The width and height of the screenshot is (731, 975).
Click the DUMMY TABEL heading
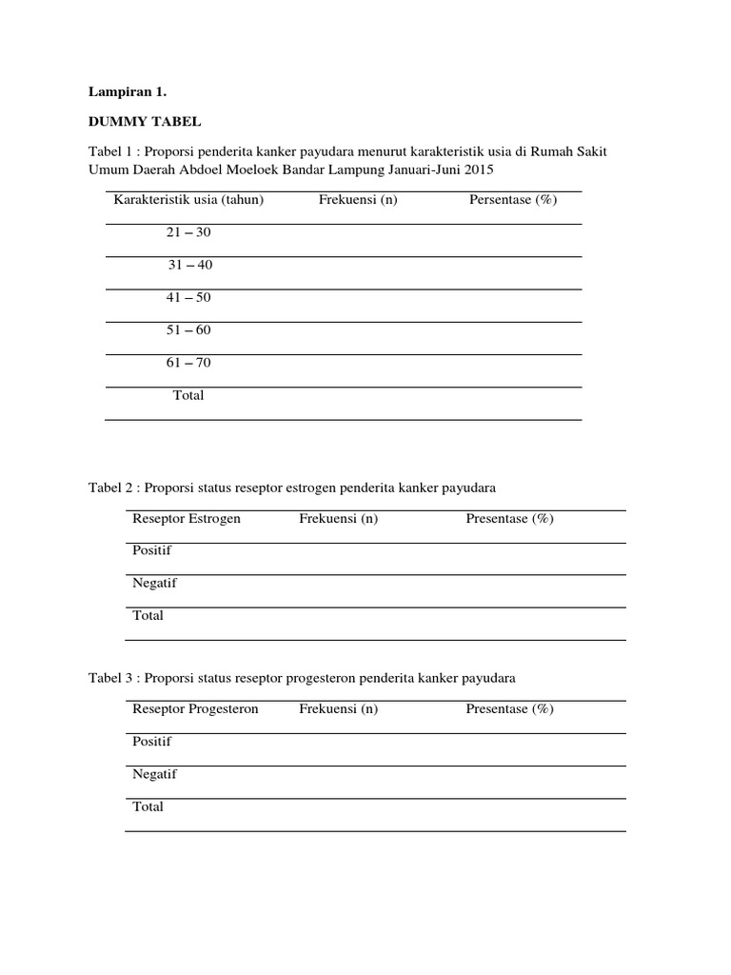coord(145,123)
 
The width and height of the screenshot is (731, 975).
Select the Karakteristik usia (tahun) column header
coord(188,200)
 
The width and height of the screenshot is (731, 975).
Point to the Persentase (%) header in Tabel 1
coord(512,200)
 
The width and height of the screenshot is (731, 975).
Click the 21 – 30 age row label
coord(189,232)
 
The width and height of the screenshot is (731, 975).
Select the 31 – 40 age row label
coord(190,265)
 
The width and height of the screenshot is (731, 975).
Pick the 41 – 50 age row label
coord(189,297)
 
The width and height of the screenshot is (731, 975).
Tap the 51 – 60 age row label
coord(189,330)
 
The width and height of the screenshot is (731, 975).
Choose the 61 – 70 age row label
coord(189,363)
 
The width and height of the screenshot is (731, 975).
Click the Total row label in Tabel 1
coord(188,395)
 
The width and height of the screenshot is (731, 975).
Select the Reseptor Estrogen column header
coord(187,519)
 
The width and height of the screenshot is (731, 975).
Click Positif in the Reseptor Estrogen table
coord(152,550)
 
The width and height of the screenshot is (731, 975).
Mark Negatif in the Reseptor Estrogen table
coord(154,583)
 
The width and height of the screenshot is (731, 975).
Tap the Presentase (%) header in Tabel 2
coord(509,519)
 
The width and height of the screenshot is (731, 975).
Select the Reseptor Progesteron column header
coord(195,709)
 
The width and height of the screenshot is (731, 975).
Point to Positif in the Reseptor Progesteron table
coord(152,741)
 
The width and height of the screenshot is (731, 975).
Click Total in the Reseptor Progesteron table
coord(148,806)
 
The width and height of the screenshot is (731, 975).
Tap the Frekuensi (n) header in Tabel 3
coord(338,709)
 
